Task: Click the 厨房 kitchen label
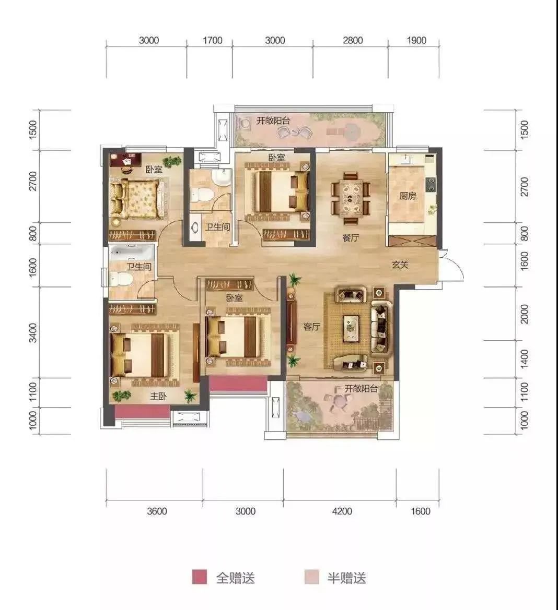click(408, 196)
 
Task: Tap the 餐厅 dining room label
click(351, 237)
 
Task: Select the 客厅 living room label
click(311, 327)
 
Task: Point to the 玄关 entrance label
click(400, 265)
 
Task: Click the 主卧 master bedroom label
click(158, 396)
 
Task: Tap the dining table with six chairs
click(351, 198)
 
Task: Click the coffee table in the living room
click(351, 328)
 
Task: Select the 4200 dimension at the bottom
click(342, 511)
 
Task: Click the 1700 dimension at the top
click(212, 40)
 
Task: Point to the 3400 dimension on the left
click(33, 332)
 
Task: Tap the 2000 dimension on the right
click(525, 314)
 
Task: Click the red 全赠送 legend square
click(200, 577)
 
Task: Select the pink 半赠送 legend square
click(311, 577)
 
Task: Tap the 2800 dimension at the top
click(352, 40)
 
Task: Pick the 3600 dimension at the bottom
click(157, 511)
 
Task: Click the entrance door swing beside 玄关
click(453, 265)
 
